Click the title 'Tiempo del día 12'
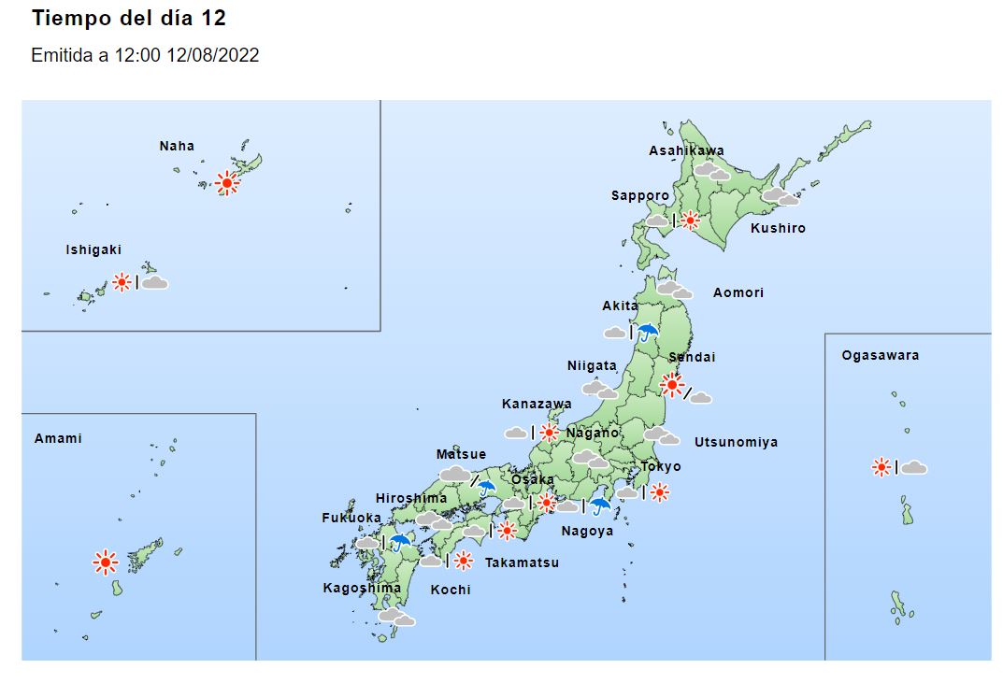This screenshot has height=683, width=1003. [x=129, y=19]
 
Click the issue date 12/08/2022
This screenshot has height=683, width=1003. [x=212, y=56]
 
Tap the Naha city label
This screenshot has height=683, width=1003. [x=177, y=146]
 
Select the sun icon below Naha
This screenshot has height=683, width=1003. [x=226, y=183]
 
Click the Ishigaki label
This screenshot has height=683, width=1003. [x=93, y=250]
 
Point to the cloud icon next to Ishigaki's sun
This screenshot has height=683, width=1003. [x=154, y=282]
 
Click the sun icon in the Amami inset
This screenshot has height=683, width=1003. [x=105, y=562]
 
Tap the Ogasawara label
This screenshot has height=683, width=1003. [x=880, y=355]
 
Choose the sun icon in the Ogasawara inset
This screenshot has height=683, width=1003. [x=881, y=467]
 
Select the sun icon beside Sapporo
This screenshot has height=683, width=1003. [x=690, y=221]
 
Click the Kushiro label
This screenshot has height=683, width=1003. [x=778, y=228]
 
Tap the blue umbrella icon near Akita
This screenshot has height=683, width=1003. [x=648, y=331]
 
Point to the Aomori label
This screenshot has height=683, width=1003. [x=738, y=292]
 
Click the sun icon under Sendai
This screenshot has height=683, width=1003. [x=671, y=384]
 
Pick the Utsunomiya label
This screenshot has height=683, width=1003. [x=736, y=442]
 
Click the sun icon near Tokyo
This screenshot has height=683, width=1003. [x=659, y=492]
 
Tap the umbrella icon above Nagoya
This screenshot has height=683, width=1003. [x=599, y=505]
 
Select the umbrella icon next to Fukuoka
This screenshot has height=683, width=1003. [x=401, y=542]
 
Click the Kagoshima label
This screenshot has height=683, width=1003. [x=362, y=588]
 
